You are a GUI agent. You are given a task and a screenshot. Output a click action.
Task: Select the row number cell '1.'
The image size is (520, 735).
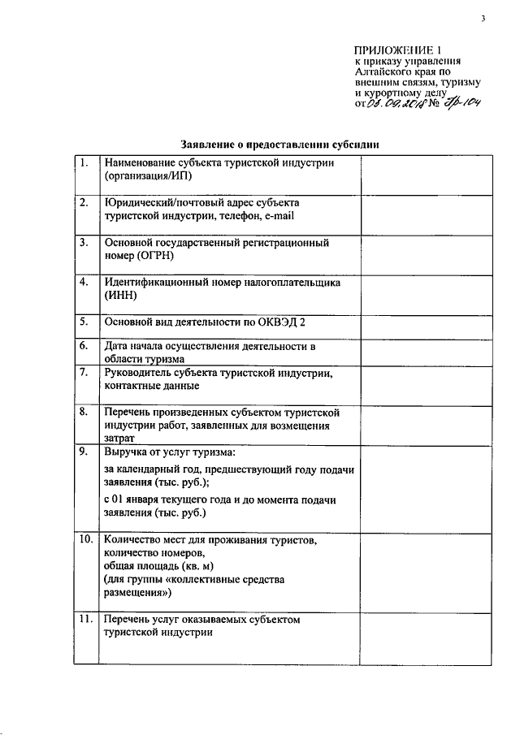(84, 163)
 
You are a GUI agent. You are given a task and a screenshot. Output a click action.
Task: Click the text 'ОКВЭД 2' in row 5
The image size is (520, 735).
(280, 322)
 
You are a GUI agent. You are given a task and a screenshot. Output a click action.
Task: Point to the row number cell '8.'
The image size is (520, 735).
(84, 413)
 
